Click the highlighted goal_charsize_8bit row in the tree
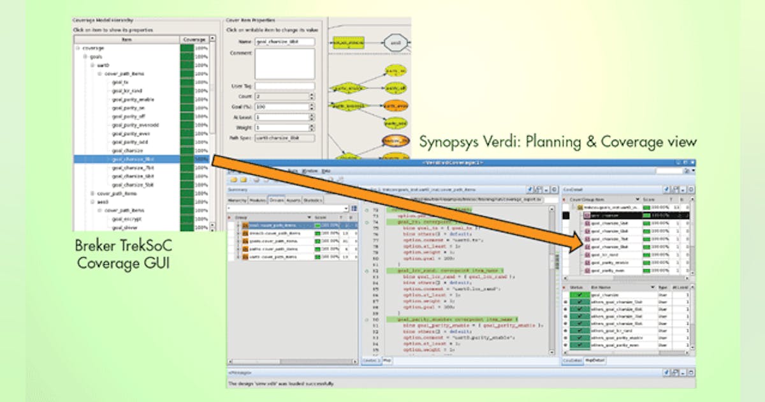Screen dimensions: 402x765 [133, 159]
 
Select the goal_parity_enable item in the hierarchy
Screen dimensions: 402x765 [133, 100]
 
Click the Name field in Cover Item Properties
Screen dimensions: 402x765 [284, 42]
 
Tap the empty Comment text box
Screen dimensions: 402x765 [284, 64]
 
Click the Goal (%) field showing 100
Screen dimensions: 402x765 [281, 107]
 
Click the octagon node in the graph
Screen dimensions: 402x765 [395, 43]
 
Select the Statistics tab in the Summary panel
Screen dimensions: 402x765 [312, 200]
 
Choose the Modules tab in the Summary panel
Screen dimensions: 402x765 [258, 200]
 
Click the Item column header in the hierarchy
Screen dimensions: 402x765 [126, 40]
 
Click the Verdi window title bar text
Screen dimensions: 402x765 [456, 163]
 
